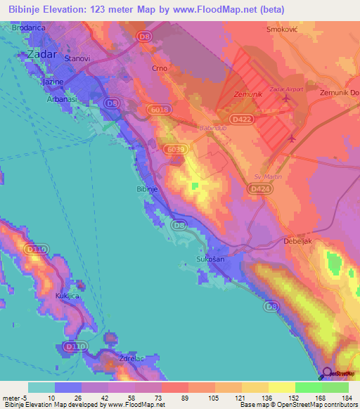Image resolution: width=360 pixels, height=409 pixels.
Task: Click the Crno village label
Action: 160,70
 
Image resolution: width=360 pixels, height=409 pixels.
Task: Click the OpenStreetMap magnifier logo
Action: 328,373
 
